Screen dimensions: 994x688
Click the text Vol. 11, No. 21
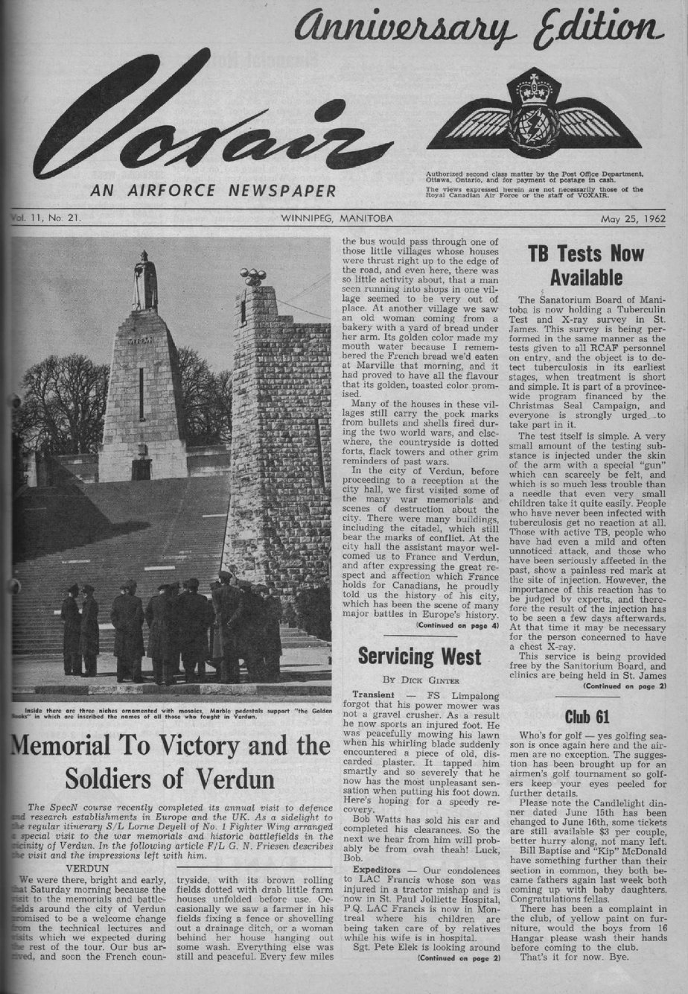click(x=46, y=219)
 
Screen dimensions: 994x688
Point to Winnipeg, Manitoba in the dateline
click(x=337, y=219)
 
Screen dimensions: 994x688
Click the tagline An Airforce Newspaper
click(x=213, y=191)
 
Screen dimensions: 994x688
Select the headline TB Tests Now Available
click(x=585, y=265)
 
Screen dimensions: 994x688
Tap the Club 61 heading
click(x=586, y=717)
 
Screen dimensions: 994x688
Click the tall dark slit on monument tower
click(x=141, y=393)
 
